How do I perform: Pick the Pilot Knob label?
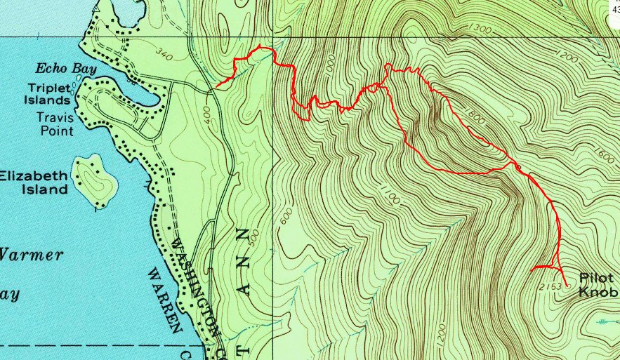pos(597,284)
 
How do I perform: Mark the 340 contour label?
pos(164,55)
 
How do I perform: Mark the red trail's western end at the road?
pos(216,87)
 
